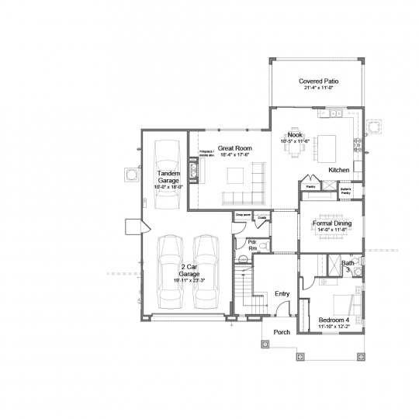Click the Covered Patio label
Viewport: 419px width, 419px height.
319,82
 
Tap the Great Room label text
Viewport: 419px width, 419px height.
234,149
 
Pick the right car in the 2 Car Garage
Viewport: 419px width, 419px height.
205,270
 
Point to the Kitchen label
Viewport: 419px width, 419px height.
339,170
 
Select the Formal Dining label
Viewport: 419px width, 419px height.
332,224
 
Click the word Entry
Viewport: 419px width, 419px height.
282,294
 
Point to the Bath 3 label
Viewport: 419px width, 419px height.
349,265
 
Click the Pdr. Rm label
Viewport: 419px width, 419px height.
252,244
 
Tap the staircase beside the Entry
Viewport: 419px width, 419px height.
244,291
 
